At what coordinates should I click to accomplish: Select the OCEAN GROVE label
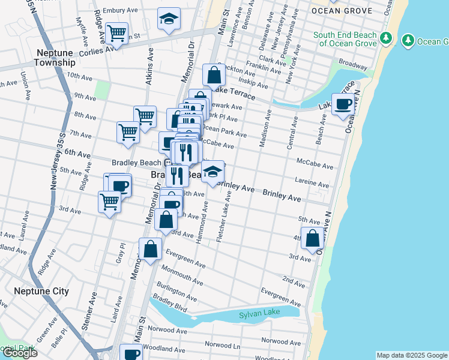[x=342, y=11]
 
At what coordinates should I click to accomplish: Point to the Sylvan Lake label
[x=258, y=314]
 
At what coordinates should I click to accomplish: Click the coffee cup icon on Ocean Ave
[x=343, y=105]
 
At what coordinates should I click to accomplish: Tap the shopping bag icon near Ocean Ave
[x=313, y=239]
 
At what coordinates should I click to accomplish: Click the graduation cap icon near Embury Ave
[x=169, y=20]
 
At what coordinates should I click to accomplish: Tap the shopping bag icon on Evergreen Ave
[x=151, y=249]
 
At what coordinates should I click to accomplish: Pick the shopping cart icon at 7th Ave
[x=128, y=132]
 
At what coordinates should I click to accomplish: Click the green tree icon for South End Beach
[x=387, y=39]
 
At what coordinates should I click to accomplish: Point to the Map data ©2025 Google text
[x=411, y=355]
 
